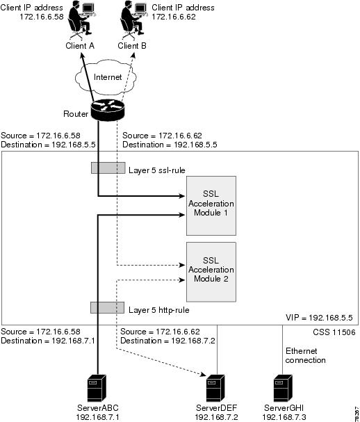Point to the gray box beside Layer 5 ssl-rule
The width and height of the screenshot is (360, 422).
pyautogui.click(x=107, y=169)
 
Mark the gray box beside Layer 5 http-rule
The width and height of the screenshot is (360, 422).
pyautogui.click(x=107, y=307)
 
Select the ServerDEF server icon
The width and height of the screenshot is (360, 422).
pyautogui.click(x=214, y=387)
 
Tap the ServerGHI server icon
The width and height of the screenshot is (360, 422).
pyautogui.click(x=282, y=387)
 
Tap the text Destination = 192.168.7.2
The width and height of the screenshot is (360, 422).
pyautogui.click(x=167, y=341)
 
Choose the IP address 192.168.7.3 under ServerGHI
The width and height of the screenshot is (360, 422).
pyautogui.click(x=282, y=416)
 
